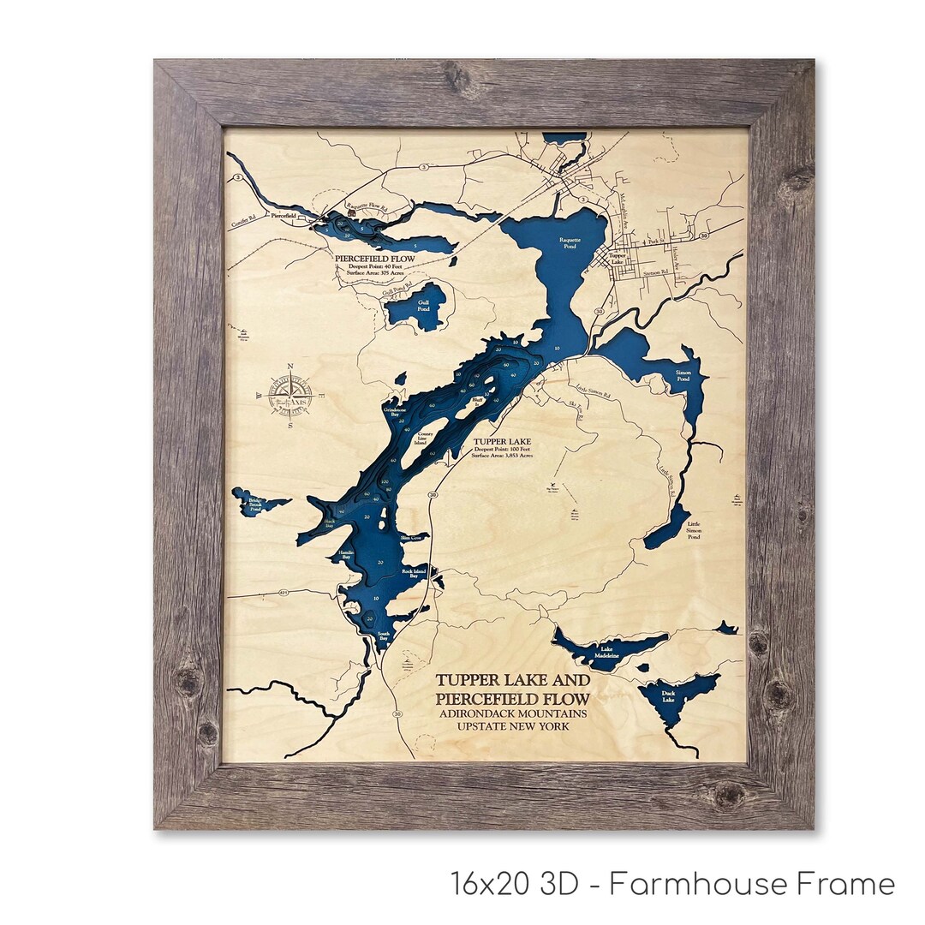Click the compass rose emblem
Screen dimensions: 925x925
tap(291, 395)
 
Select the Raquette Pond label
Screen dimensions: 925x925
tap(570, 242)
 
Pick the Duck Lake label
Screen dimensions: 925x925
tap(669, 696)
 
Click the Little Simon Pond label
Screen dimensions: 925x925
tap(694, 530)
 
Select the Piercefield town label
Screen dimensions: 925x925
tap(283, 217)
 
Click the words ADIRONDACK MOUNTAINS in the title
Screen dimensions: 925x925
tap(512, 713)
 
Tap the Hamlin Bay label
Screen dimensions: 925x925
tap(347, 555)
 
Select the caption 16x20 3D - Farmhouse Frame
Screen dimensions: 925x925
tap(672, 883)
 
